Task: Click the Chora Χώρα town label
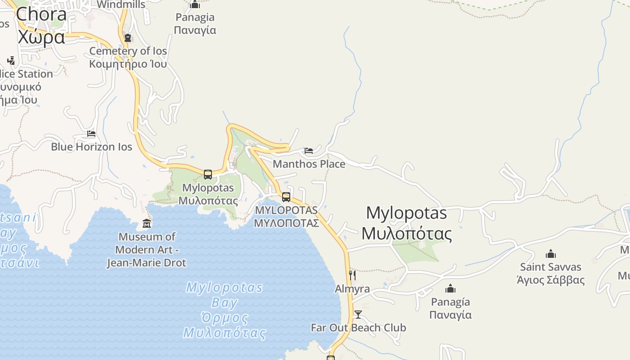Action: coord(41,25)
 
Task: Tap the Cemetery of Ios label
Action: coord(128,57)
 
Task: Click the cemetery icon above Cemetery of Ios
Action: coord(128,38)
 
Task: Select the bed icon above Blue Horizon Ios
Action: coord(91,134)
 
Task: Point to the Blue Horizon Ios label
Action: coord(91,147)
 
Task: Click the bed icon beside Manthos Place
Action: coord(309,151)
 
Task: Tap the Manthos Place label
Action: coord(309,164)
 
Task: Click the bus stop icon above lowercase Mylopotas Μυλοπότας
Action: coord(208,175)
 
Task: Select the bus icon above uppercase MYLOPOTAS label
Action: coord(286,197)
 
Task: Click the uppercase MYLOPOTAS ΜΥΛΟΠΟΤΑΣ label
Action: coord(287,216)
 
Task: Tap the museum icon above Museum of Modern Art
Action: coord(147,223)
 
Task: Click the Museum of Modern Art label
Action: coord(146,249)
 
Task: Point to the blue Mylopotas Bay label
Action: coord(225,310)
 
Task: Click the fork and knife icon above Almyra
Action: coord(352,275)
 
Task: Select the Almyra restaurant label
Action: coord(352,289)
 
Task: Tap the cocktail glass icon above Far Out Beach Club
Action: coord(358,314)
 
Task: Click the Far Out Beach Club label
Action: coord(358,328)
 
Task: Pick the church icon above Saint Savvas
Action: coord(551,254)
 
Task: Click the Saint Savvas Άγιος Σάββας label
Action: coord(551,274)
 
